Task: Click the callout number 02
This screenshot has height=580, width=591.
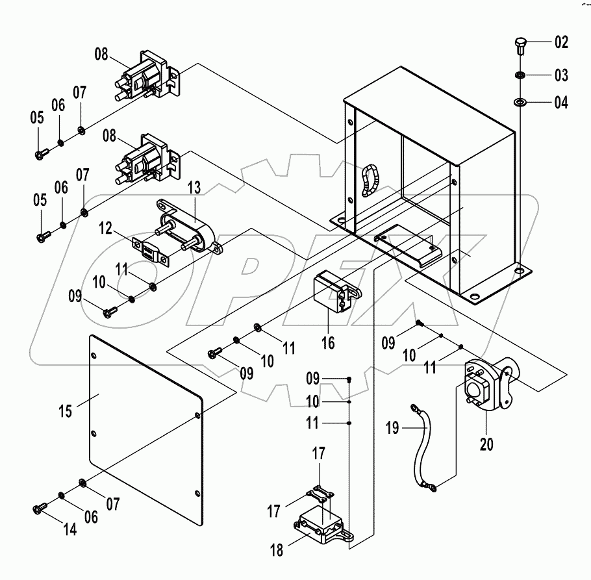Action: click(561, 44)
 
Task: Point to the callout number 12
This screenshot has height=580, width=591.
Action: click(107, 228)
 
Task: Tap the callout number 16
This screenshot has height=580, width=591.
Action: click(328, 342)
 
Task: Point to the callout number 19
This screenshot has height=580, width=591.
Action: click(392, 428)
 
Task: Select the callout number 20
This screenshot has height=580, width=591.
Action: click(486, 444)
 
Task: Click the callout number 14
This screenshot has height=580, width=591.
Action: click(69, 529)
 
